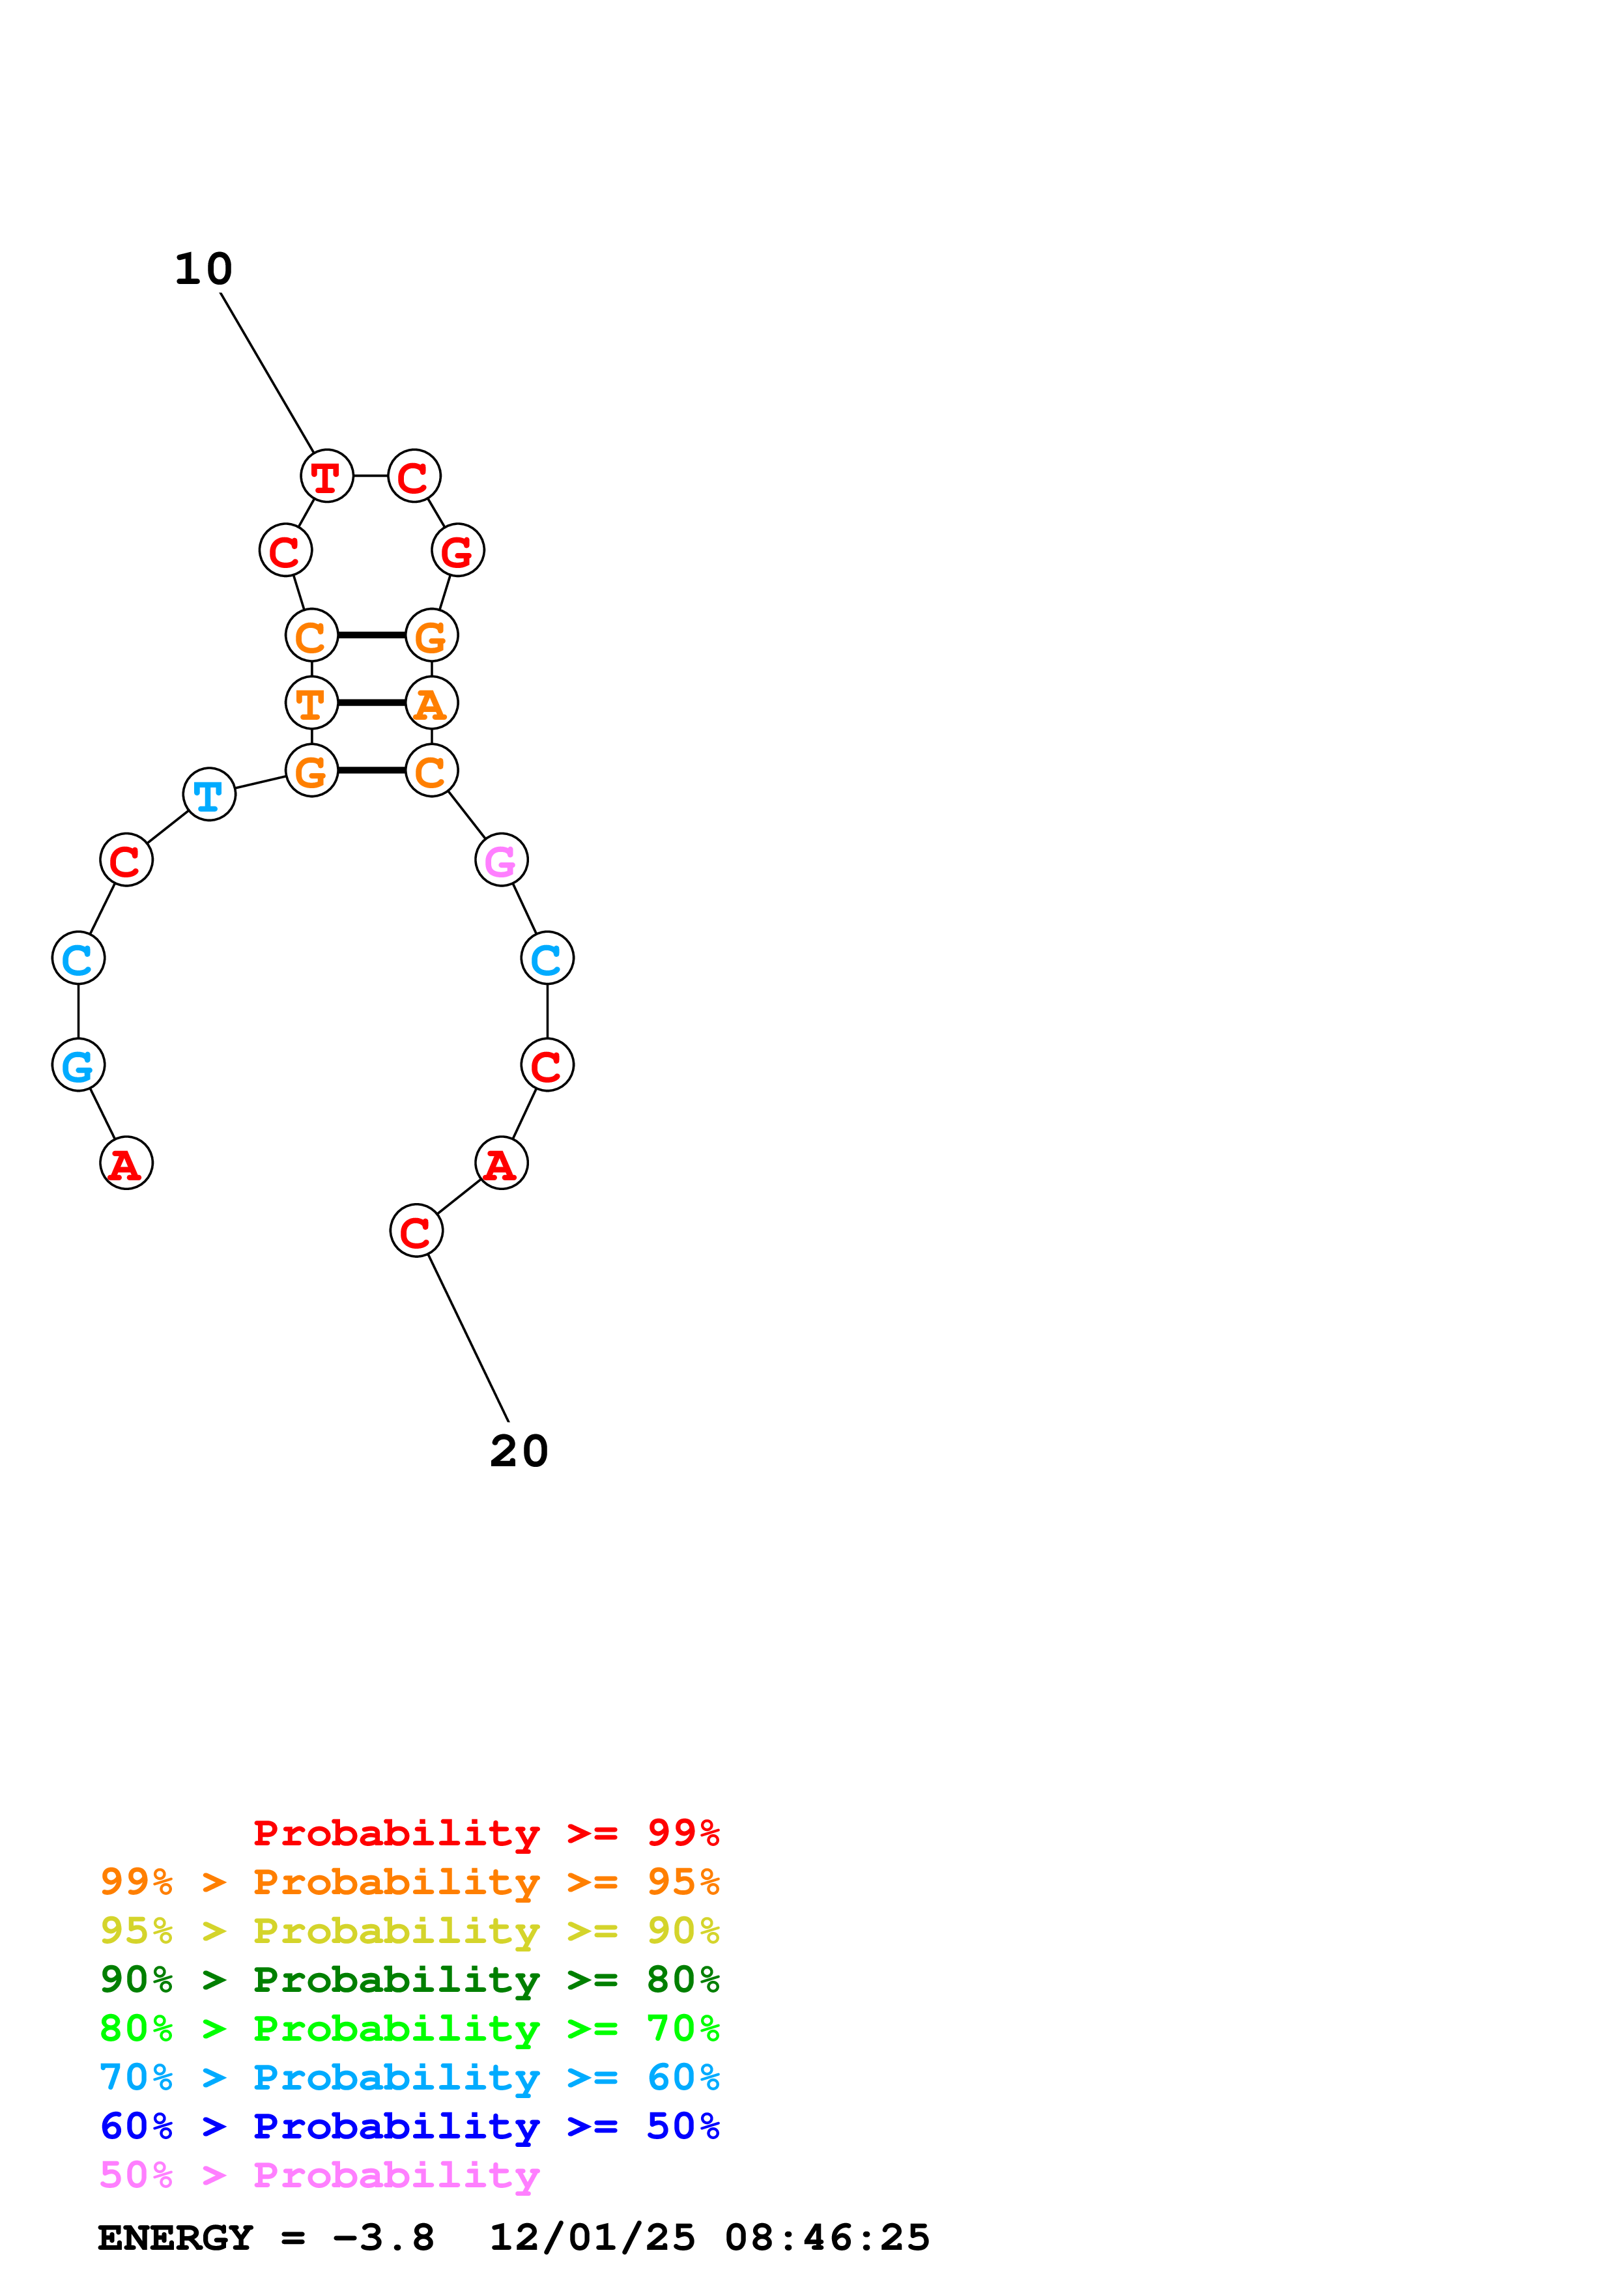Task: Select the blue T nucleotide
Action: [209, 795]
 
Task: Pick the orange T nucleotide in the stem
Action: [311, 703]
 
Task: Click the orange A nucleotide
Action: [431, 703]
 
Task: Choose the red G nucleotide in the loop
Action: [458, 550]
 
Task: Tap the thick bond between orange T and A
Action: [371, 703]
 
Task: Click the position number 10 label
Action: [203, 269]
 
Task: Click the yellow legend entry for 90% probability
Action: [409, 1931]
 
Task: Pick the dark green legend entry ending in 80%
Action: [409, 1980]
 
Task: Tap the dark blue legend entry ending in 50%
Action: [409, 2126]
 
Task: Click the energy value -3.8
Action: [383, 2238]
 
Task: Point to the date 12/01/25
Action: [592, 2238]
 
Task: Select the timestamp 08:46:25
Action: [827, 2238]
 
